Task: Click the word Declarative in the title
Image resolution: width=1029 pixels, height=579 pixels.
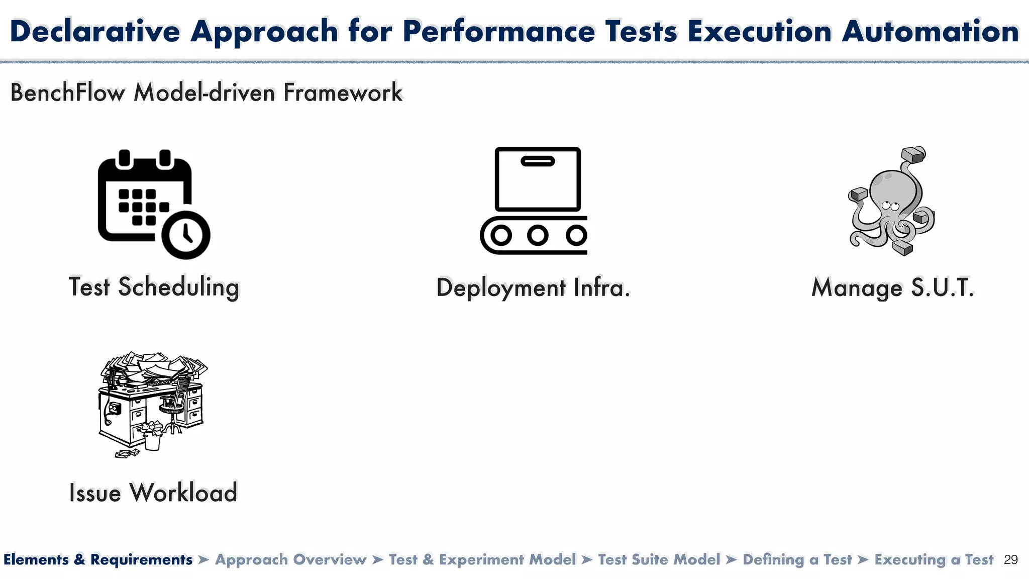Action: (95, 31)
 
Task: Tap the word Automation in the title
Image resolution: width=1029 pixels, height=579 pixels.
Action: (930, 31)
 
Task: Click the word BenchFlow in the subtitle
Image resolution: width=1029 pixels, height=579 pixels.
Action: (67, 92)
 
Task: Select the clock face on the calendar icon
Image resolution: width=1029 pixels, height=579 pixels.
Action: (185, 235)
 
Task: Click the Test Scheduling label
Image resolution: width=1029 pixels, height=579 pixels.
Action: (154, 287)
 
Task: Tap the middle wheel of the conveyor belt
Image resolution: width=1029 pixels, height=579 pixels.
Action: (538, 235)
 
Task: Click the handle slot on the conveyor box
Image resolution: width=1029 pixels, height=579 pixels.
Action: (538, 161)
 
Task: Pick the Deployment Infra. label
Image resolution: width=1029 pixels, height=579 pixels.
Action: (533, 288)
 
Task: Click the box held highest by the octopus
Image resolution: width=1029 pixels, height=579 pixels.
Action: (913, 154)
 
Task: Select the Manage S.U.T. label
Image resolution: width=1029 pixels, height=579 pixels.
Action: (893, 288)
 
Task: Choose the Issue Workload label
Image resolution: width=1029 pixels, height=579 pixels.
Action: (153, 493)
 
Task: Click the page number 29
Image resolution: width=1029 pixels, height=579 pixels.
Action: (1010, 560)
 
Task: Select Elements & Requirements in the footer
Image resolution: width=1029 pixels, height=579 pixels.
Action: (98, 560)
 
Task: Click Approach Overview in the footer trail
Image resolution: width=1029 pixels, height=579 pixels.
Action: (291, 560)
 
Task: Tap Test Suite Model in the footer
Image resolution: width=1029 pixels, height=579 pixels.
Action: (659, 560)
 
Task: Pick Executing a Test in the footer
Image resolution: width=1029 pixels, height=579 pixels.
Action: (934, 560)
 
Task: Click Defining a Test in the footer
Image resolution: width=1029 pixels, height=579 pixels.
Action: (797, 560)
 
